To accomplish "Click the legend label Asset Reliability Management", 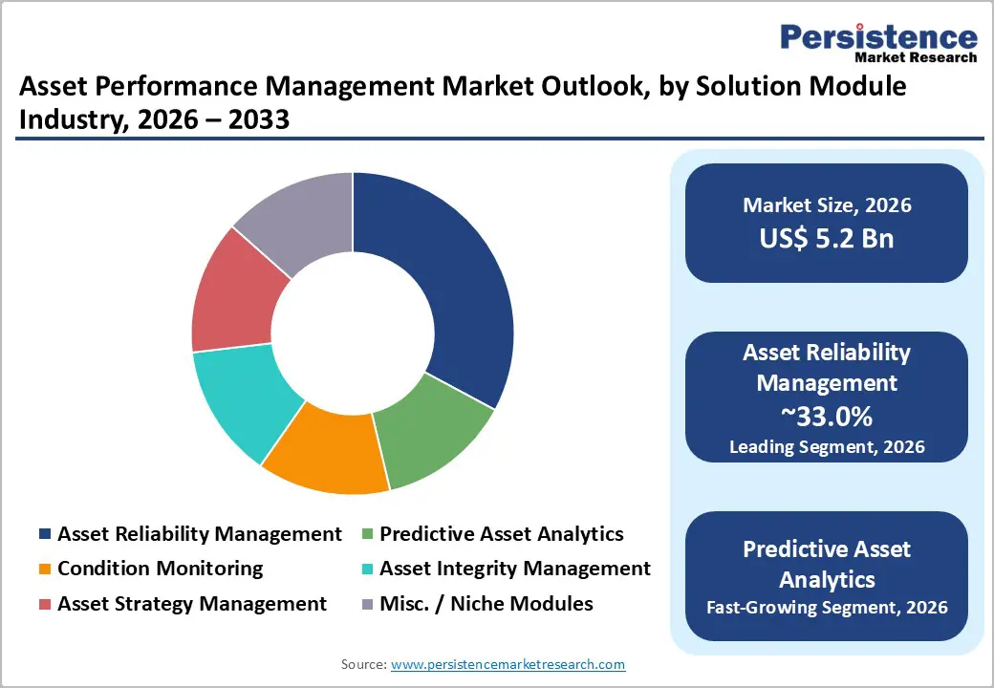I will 199,534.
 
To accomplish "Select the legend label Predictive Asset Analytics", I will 501,534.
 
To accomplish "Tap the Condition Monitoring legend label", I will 160,569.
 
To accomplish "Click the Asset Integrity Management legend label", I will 514,569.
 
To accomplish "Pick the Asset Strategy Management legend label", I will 192,604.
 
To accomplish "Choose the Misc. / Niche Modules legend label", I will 486,604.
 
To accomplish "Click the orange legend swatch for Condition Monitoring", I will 45,570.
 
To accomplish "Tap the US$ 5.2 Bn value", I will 827,238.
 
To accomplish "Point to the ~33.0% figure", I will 827,417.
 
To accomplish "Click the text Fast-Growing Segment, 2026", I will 827,607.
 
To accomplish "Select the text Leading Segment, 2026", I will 827,446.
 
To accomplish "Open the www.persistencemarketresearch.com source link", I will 508,664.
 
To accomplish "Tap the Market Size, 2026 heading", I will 827,205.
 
